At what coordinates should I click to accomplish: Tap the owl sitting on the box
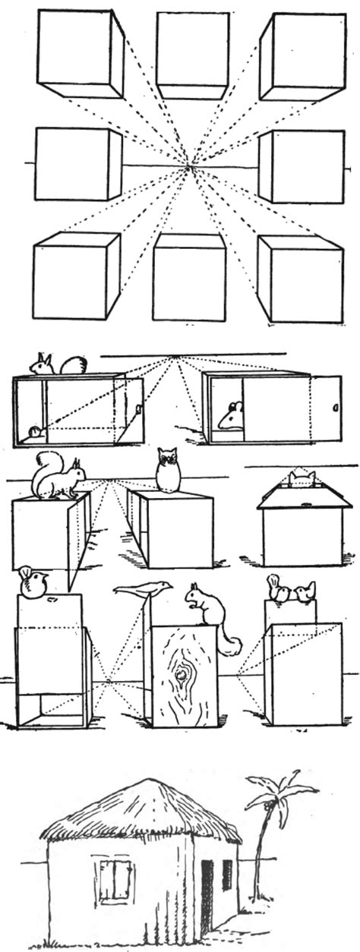[x=168, y=470]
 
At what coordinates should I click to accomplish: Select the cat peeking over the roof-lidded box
[x=302, y=478]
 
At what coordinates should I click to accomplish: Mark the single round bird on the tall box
[x=33, y=582]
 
